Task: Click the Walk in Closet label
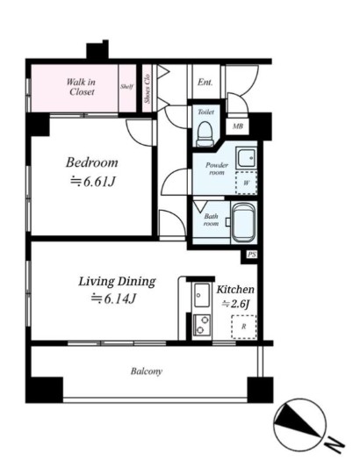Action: (x=80, y=87)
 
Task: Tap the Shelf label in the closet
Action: (x=126, y=87)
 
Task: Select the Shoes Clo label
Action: (x=147, y=89)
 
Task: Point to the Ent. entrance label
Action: (x=205, y=82)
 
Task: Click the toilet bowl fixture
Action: (x=205, y=133)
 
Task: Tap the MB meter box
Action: (x=238, y=126)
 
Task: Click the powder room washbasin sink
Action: (x=246, y=158)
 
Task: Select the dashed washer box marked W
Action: (x=246, y=183)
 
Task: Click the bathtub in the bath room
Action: (x=244, y=223)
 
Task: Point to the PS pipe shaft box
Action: (x=252, y=255)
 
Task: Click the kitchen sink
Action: (x=201, y=295)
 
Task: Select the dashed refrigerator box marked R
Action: (x=244, y=327)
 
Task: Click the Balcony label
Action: (x=147, y=371)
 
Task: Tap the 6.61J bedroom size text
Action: (x=93, y=182)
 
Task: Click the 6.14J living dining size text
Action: (x=114, y=299)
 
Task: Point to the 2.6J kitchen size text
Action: (x=236, y=304)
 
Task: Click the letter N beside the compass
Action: (x=335, y=445)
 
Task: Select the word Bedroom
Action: (x=92, y=163)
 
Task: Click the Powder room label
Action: (x=217, y=169)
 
